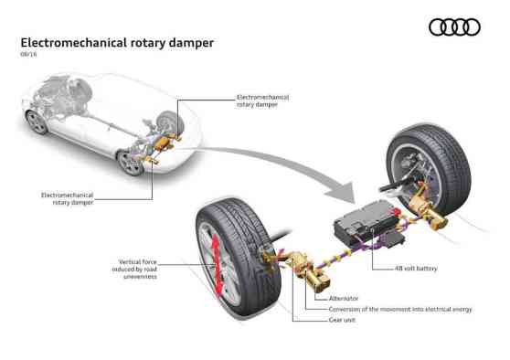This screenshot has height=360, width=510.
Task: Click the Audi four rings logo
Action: click(454, 26)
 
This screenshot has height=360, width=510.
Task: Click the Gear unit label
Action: click(343, 320)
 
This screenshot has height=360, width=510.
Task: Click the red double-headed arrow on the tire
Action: click(217, 265)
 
